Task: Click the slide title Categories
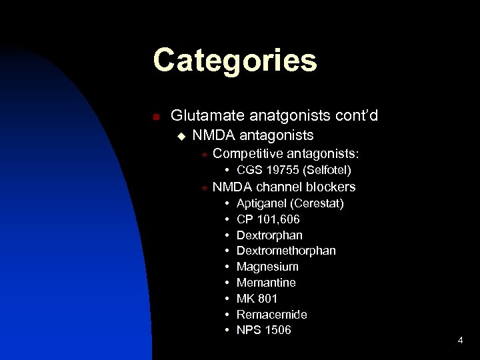pos(235,61)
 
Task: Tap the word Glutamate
pos(202,115)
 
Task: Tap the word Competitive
pos(248,155)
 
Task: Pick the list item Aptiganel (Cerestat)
pos(290,203)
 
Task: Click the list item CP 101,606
pos(268,219)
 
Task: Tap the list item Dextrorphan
pos(269,235)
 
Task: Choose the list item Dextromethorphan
pos(286,251)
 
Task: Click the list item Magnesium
pos(267,267)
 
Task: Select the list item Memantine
pos(266,283)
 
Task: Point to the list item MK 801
pos(257,299)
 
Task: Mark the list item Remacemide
pos(271,314)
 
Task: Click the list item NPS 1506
pos(263,330)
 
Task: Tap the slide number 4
pos(460,341)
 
